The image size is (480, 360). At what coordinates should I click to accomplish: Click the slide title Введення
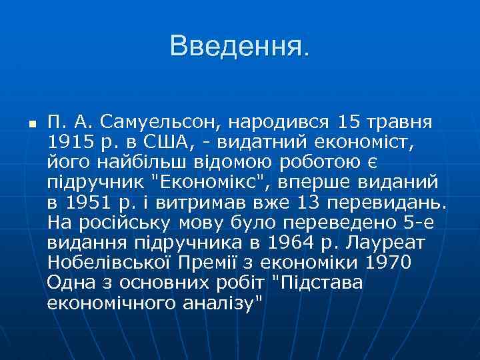tap(240, 47)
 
